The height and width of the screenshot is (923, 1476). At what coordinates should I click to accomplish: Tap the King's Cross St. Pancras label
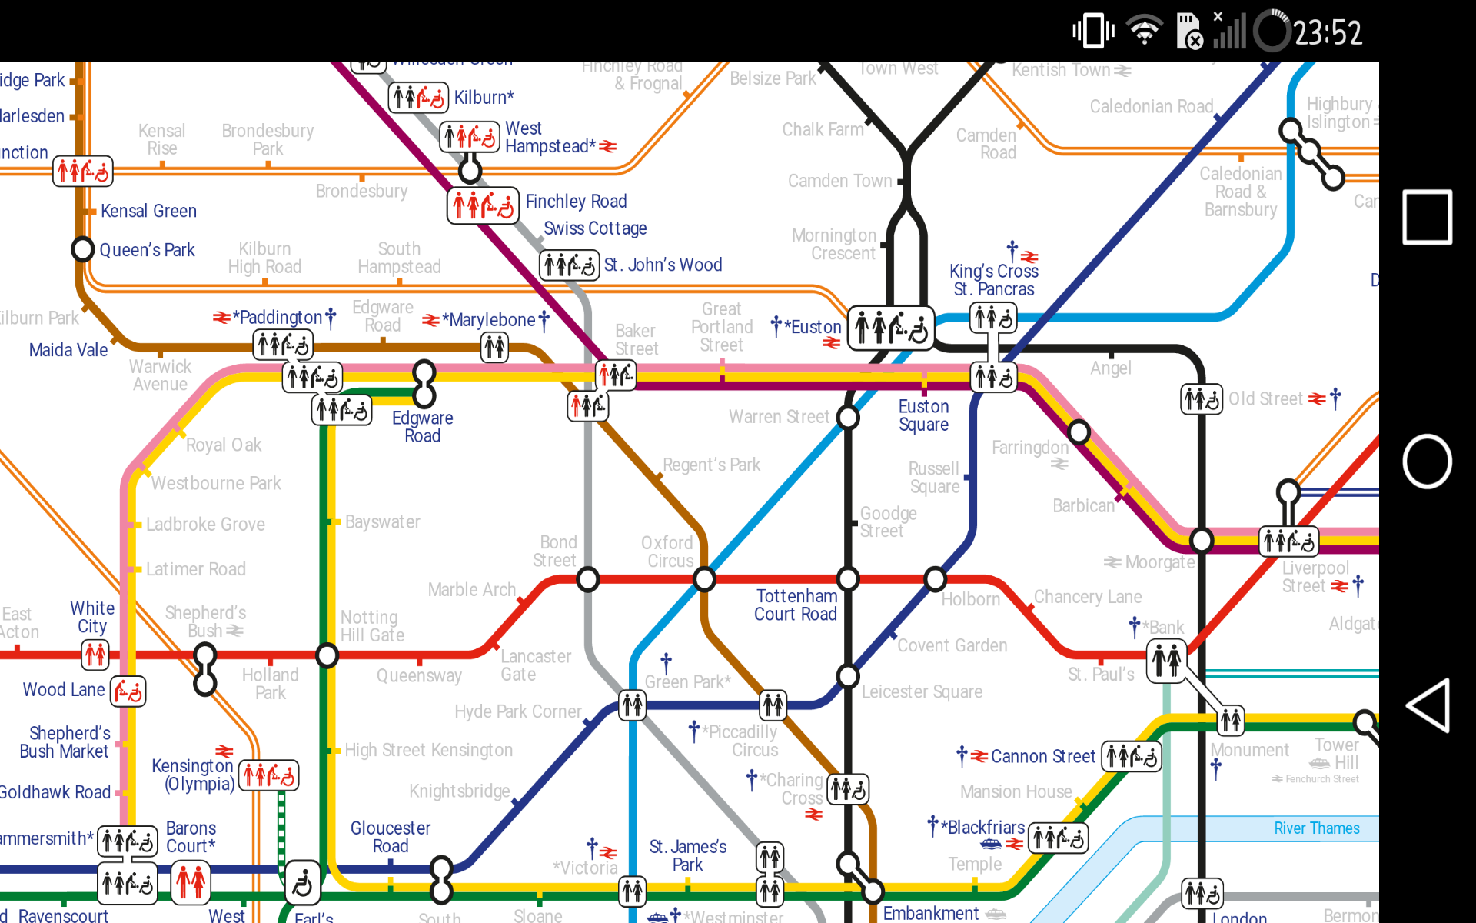(993, 280)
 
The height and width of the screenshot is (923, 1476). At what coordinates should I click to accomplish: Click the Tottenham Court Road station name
(796, 605)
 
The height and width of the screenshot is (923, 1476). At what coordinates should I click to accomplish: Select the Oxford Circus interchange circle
(704, 579)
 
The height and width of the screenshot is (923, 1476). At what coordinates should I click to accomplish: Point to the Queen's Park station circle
(82, 249)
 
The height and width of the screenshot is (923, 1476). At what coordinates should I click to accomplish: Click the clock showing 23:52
(1327, 32)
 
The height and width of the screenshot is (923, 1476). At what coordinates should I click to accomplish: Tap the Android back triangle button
(1428, 705)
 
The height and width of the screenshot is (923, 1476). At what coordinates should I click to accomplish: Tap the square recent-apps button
(1427, 217)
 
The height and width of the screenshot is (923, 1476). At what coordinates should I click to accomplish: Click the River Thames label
(1316, 828)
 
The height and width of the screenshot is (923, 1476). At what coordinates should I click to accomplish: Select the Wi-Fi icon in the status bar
(1144, 32)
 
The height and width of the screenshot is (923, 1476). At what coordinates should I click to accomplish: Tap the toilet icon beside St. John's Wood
(569, 265)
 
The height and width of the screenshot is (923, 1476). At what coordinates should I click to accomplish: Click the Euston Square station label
(923, 415)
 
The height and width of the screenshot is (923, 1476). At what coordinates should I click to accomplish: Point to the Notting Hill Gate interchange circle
(327, 655)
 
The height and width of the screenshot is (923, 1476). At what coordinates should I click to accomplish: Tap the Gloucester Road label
(391, 837)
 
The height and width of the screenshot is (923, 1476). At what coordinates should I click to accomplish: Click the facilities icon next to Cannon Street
(1131, 757)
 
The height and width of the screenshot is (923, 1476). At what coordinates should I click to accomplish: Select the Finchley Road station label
(576, 202)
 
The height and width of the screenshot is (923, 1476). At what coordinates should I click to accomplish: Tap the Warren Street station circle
(848, 418)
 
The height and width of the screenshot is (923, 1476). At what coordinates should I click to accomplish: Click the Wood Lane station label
(64, 690)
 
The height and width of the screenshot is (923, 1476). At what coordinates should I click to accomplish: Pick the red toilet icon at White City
(95, 655)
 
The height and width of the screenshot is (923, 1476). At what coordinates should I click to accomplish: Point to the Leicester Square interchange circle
(848, 676)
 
